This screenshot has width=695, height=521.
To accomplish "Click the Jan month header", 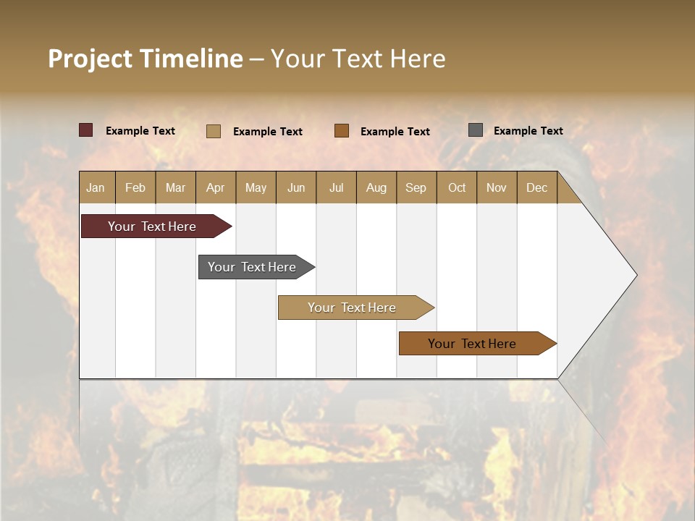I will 96,187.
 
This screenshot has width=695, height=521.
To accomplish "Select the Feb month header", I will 135,187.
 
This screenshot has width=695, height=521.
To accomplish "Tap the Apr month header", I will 216,187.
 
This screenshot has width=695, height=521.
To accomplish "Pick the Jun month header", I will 296,187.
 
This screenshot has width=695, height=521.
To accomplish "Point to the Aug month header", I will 376,187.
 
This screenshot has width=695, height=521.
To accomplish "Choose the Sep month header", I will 416,187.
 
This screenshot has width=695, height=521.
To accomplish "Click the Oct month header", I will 457,187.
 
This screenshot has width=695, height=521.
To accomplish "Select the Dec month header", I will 537,187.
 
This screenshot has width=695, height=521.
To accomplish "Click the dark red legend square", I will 86,130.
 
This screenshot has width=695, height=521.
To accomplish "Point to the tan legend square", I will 214,131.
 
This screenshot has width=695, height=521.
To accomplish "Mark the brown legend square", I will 342,131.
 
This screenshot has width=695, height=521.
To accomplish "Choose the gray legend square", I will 476,130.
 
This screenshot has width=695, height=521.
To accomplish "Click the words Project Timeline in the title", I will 145,59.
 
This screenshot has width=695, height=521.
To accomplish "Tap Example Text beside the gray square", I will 528,131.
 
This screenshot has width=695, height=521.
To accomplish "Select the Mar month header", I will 175,187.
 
